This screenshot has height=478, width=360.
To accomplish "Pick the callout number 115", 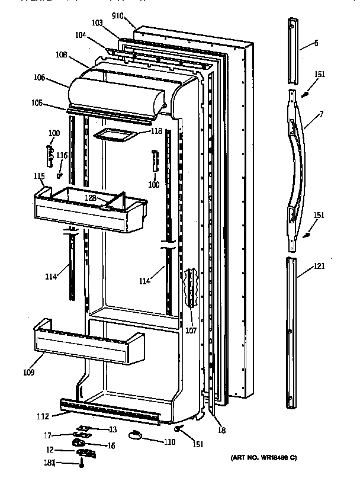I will click(38, 176).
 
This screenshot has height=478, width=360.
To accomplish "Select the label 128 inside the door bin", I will click(91, 197).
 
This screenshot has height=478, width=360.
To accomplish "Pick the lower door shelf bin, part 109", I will click(89, 347).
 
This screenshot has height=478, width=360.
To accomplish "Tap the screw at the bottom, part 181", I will click(81, 466).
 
